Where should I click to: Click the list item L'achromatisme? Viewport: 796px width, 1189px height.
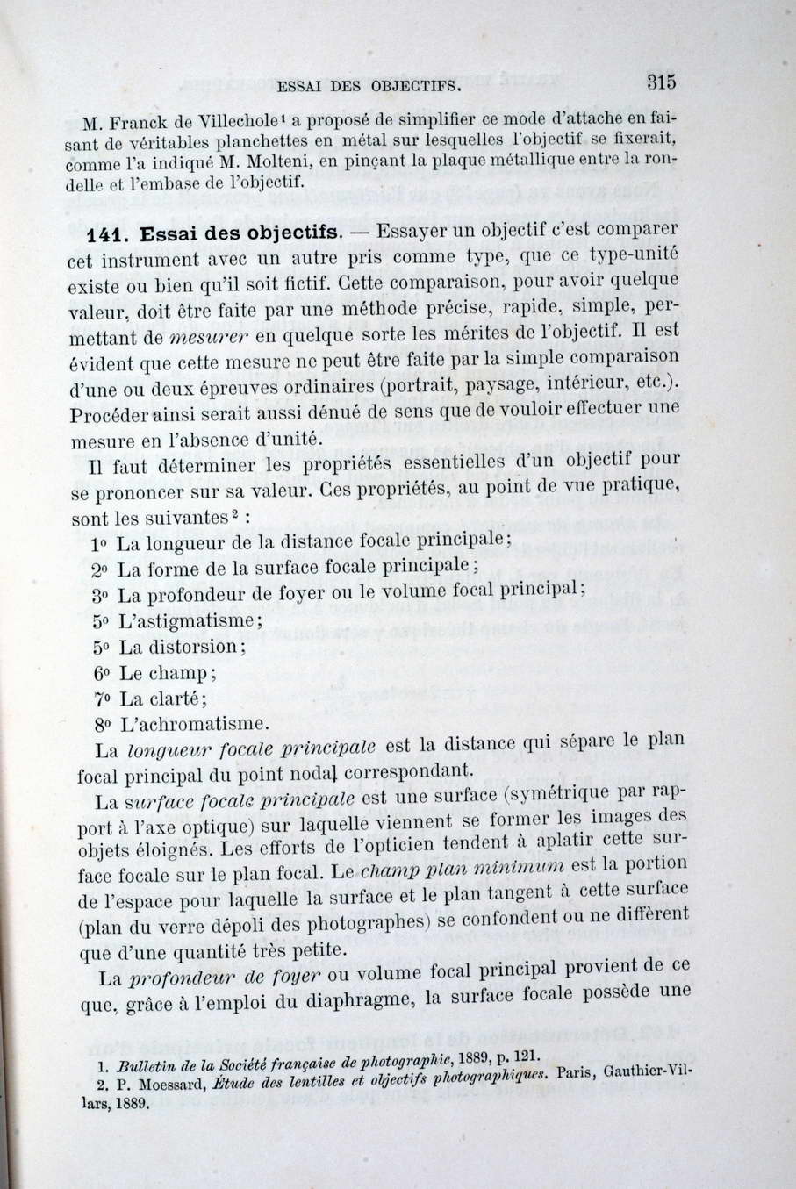192,725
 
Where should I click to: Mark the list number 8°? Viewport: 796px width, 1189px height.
103,726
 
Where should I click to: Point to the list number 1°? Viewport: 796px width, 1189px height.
99,543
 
